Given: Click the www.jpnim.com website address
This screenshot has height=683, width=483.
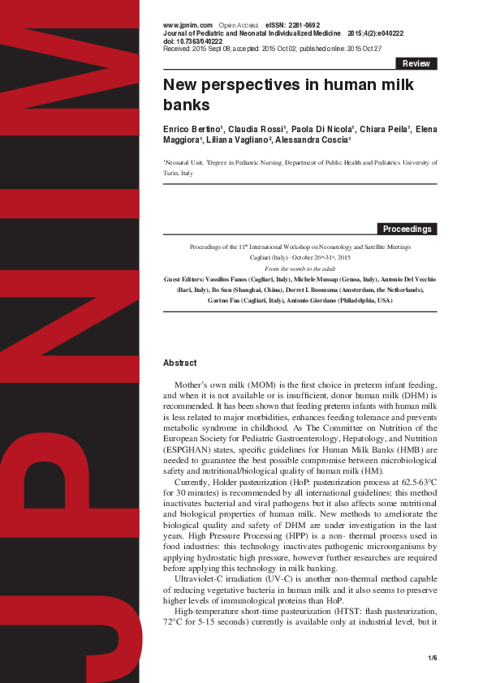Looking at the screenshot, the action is pyautogui.click(x=188, y=26).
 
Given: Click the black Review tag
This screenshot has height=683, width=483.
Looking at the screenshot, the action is pyautogui.click(x=416, y=63).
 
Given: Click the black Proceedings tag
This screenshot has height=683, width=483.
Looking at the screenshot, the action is pyautogui.click(x=407, y=229).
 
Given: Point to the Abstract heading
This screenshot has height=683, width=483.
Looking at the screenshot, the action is pyautogui.click(x=179, y=363).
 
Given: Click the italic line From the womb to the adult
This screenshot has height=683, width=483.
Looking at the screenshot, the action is pyautogui.click(x=300, y=268).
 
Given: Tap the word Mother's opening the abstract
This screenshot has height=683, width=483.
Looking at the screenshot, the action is pyautogui.click(x=195, y=384).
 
